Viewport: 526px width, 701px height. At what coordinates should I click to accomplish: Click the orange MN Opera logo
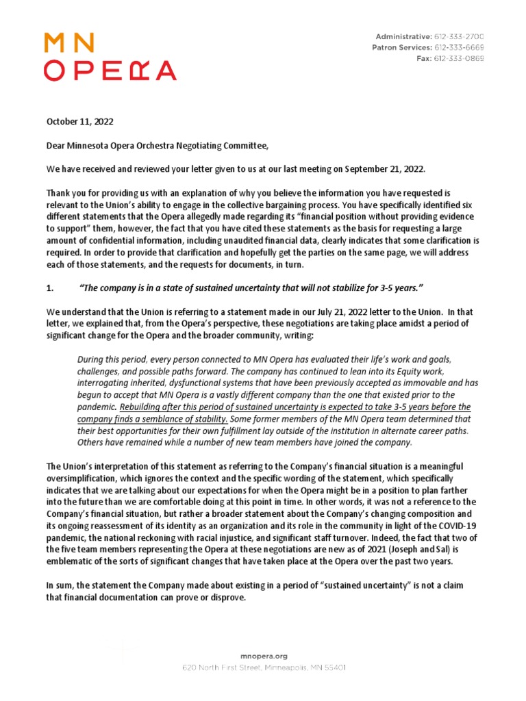coord(110,57)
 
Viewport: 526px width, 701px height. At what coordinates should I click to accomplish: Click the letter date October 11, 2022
coord(79,122)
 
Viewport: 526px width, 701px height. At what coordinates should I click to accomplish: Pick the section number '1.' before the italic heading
coord(50,286)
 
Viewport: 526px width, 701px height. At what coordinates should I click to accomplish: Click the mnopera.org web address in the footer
coord(263,655)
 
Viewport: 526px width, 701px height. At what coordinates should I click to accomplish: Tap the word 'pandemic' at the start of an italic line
coord(97,406)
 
